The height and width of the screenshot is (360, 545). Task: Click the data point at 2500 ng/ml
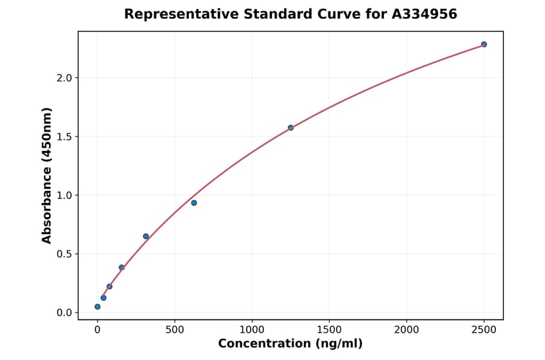pyautogui.click(x=484, y=44)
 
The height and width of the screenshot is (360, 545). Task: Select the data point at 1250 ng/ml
pyautogui.click(x=291, y=128)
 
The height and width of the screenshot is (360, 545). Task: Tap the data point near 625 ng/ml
pyautogui.click(x=194, y=203)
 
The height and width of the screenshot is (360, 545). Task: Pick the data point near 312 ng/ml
pyautogui.click(x=146, y=236)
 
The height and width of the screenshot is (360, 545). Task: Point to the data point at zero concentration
pyautogui.click(x=97, y=307)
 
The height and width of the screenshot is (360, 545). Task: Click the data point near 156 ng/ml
pyautogui.click(x=122, y=267)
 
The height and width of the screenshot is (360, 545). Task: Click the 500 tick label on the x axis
pyautogui.click(x=174, y=330)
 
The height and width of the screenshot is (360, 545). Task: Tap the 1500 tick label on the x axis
pyautogui.click(x=329, y=330)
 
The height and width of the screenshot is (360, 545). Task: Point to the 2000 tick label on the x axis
pyautogui.click(x=406, y=330)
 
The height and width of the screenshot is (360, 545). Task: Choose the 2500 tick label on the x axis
pyautogui.click(x=484, y=330)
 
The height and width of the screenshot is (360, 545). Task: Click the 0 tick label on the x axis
pyautogui.click(x=97, y=330)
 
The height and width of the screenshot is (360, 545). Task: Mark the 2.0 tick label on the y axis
pyautogui.click(x=65, y=78)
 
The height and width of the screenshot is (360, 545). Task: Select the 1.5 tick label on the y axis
pyautogui.click(x=65, y=137)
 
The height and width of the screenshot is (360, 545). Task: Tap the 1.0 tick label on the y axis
pyautogui.click(x=65, y=196)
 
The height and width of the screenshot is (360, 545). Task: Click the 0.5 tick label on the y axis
pyautogui.click(x=65, y=255)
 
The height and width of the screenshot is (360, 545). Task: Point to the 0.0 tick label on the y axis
pyautogui.click(x=65, y=313)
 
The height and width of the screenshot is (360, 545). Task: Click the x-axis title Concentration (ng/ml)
pyautogui.click(x=290, y=344)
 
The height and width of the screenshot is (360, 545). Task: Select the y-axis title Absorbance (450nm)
pyautogui.click(x=47, y=176)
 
